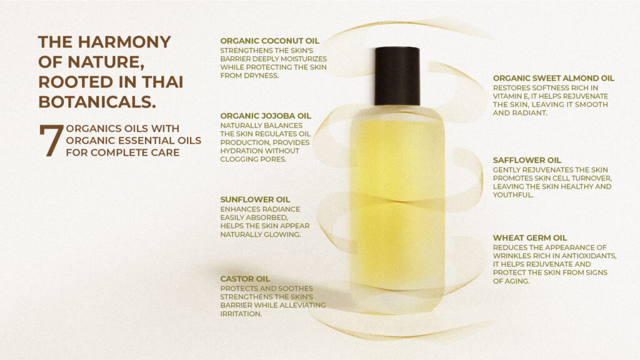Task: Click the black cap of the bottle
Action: click(x=397, y=76)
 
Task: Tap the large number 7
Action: click(x=51, y=141)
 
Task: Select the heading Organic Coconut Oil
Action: click(x=270, y=41)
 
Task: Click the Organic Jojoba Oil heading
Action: click(x=266, y=116)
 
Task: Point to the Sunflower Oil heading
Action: click(x=255, y=199)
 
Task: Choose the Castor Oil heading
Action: click(x=245, y=279)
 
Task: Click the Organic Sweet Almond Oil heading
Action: click(x=554, y=78)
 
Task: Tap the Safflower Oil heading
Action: click(x=527, y=161)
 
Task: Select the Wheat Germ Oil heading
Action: click(x=530, y=238)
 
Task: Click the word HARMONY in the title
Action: click(x=124, y=42)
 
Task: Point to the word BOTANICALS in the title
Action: click(x=97, y=102)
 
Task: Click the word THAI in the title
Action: click(x=162, y=82)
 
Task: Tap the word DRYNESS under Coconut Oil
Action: click(x=261, y=76)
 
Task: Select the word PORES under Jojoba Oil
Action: click(x=274, y=159)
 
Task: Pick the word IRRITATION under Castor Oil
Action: click(x=241, y=314)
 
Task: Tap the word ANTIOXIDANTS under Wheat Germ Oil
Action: click(x=587, y=256)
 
